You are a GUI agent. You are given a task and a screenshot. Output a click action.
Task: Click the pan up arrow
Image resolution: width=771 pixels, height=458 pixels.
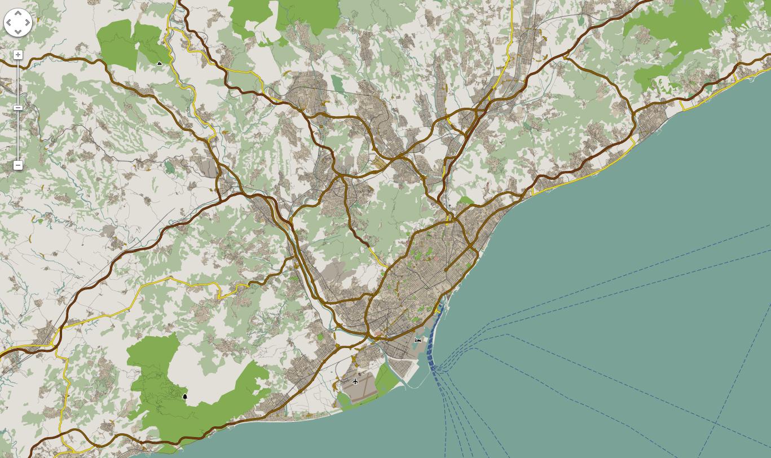tap(17, 14)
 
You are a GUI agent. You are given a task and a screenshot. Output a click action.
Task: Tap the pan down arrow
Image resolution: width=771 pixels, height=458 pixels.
tap(17, 32)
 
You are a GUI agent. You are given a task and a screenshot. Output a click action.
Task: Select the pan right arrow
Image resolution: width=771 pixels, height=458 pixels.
tap(27, 23)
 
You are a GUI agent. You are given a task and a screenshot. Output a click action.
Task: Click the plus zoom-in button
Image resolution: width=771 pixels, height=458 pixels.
tap(18, 55)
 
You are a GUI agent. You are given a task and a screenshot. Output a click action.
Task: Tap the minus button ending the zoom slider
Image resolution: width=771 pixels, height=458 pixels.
tap(18, 165)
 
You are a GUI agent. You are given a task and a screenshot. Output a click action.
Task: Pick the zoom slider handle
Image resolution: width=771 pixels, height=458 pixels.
tap(18, 107)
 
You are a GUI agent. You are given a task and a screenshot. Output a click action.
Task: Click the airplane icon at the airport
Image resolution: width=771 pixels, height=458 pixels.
tap(355, 382)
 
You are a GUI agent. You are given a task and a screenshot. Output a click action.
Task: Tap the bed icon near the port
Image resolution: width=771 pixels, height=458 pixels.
tap(418, 340)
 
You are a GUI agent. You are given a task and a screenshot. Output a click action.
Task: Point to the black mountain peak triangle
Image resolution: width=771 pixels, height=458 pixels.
tap(160, 64)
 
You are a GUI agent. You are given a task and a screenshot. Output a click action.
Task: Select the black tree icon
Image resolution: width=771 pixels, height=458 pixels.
tap(184, 397)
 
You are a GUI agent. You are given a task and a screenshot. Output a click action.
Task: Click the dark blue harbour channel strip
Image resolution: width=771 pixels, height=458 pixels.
tap(430, 344)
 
